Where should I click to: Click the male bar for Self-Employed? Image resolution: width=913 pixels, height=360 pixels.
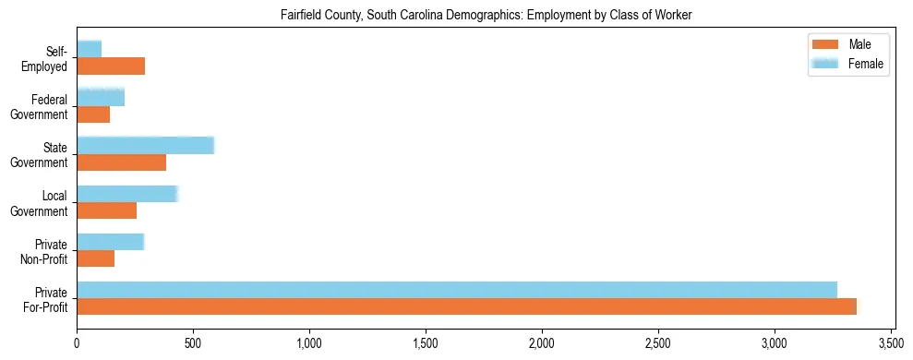[x=111, y=66]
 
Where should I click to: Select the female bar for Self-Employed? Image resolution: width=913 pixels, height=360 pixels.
[x=90, y=49]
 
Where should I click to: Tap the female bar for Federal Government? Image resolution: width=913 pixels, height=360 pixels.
[x=101, y=97]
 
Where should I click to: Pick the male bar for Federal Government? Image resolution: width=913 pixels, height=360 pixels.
[x=93, y=114]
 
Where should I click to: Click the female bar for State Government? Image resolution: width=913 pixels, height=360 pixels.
[x=145, y=145]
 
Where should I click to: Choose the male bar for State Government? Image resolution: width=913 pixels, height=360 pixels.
[x=121, y=162]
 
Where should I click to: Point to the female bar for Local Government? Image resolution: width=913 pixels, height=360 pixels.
[x=126, y=194]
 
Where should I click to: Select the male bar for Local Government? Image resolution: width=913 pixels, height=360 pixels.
[x=106, y=210]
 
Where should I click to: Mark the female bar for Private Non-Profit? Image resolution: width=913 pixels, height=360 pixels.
[x=110, y=242]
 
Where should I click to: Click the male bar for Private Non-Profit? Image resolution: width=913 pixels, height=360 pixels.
[x=95, y=259]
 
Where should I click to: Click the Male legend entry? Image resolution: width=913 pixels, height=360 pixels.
[x=847, y=44]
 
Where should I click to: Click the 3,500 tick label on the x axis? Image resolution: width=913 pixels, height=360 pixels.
[x=891, y=344]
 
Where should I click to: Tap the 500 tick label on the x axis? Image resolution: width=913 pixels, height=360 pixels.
[x=193, y=344]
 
